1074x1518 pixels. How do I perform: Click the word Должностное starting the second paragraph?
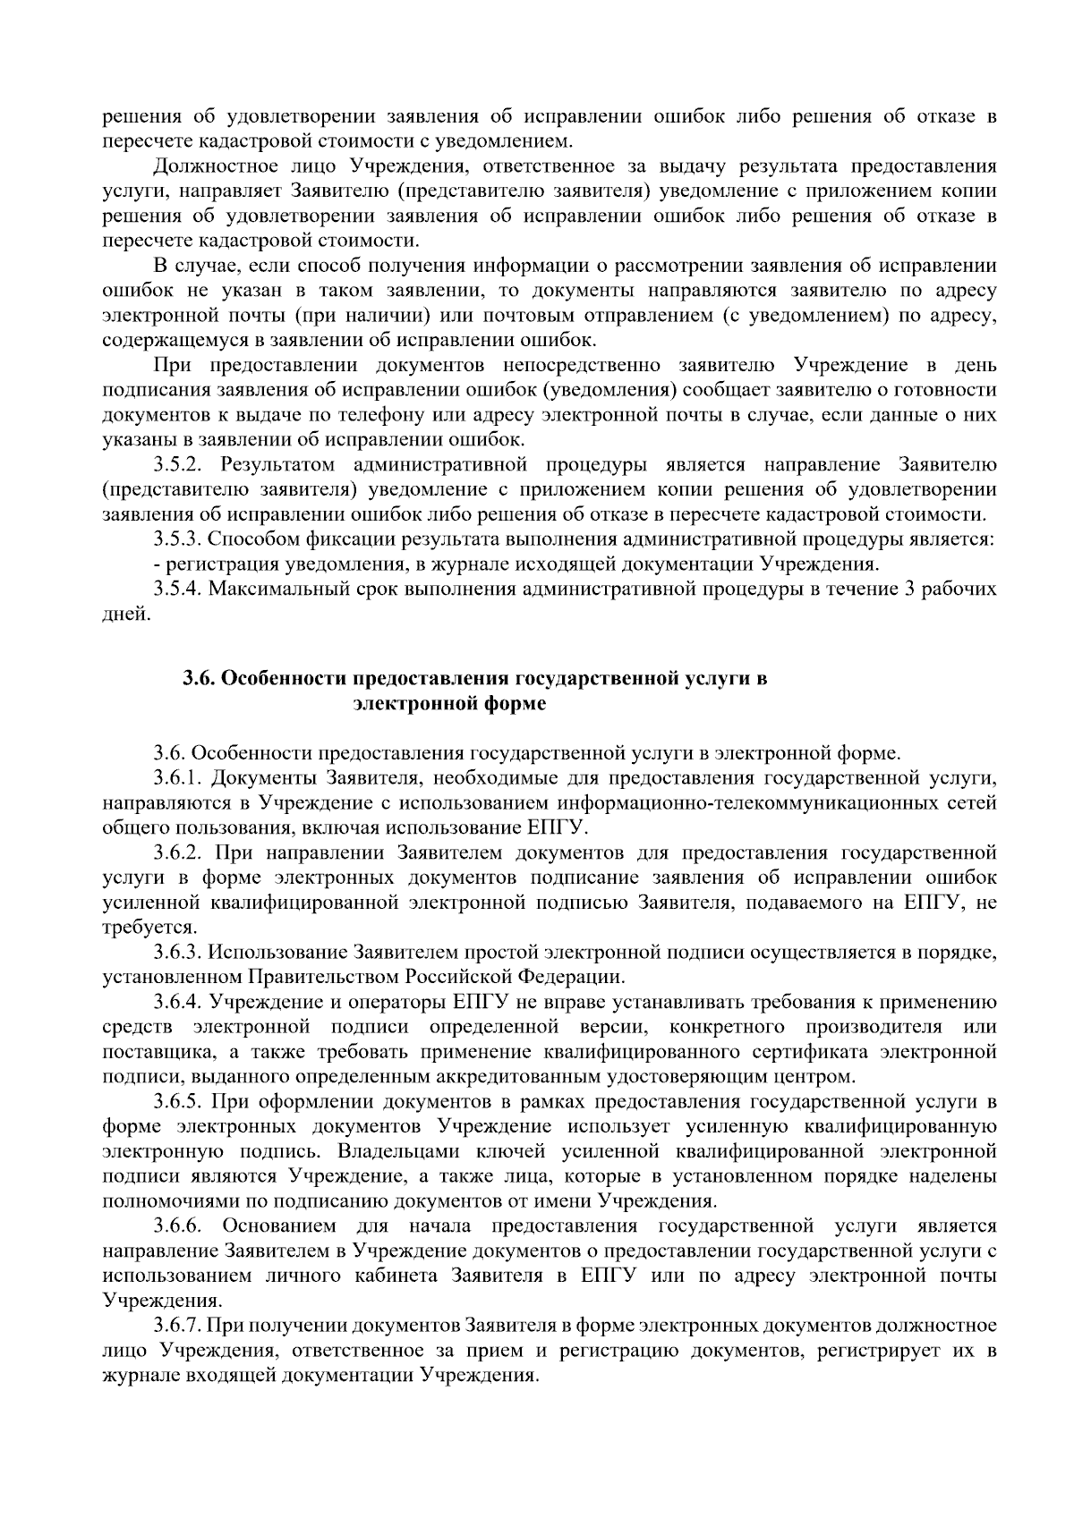209,166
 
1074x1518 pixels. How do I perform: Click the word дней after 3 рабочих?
123,615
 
